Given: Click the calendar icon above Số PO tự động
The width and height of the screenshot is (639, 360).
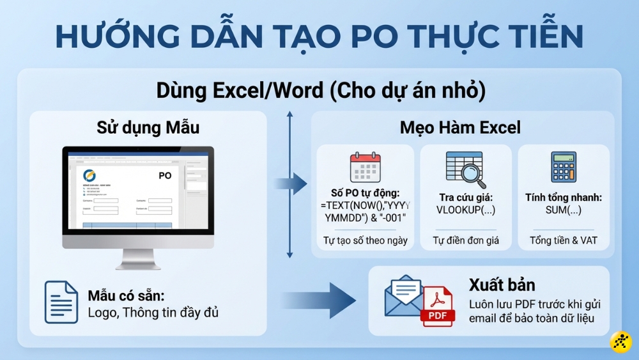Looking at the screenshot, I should click(365, 168).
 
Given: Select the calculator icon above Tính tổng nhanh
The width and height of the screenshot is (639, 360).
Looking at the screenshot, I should click(563, 167).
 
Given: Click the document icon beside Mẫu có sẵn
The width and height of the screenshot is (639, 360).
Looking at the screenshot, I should click(61, 302).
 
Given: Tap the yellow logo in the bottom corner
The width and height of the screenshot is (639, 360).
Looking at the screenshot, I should click(621, 342).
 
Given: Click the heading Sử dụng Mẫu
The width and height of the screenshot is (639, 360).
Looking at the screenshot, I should click(148, 127).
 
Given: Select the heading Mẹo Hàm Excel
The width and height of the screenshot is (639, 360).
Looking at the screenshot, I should click(460, 127).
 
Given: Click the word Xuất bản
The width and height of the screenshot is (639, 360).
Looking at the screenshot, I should click(502, 285).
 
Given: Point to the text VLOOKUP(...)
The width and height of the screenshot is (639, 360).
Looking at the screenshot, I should click(465, 210).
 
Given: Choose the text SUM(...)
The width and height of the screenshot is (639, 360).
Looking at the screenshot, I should click(563, 210).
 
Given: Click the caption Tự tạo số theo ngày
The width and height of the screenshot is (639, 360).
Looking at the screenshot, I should click(365, 241).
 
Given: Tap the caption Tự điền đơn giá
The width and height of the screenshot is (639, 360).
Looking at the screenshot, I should click(465, 241).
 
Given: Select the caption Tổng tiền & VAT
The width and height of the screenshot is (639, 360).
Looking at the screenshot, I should click(563, 241).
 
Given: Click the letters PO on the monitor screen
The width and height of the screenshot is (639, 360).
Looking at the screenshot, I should click(164, 175).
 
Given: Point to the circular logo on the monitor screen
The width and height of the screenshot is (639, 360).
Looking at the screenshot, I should click(89, 175).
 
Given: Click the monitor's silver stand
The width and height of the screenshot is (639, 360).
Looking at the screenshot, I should click(137, 258).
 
